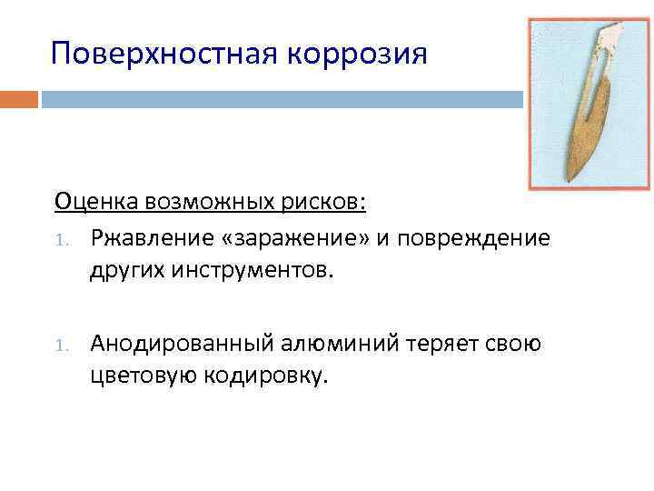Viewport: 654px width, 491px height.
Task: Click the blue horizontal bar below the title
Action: point(282,98)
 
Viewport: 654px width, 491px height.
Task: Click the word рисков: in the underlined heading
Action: point(328,200)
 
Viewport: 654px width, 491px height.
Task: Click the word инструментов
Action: point(263,270)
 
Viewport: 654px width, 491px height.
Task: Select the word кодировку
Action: point(263,376)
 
